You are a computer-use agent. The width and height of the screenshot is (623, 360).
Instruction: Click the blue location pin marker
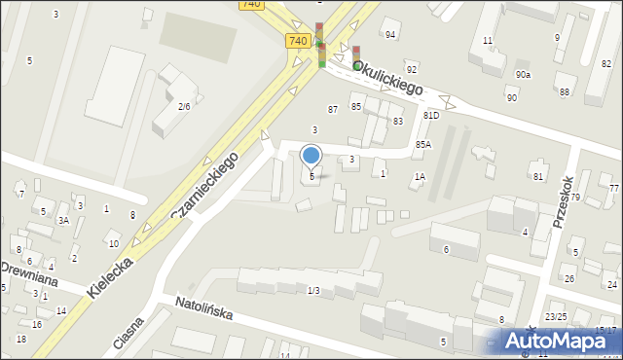click(311, 156)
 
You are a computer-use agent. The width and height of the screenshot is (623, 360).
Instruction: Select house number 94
click(390, 35)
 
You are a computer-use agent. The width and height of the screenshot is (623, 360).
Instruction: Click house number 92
click(412, 69)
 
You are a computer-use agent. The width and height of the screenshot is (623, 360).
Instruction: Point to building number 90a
click(524, 75)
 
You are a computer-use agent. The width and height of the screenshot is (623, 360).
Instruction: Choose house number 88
click(565, 92)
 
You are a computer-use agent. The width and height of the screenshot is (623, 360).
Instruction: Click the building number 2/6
click(183, 107)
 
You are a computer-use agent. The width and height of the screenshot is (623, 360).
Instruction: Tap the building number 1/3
click(313, 291)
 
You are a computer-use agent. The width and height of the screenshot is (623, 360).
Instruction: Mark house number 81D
click(430, 115)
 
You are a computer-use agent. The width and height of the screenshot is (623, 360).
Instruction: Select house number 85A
click(422, 144)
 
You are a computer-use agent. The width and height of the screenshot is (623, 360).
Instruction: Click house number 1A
click(420, 177)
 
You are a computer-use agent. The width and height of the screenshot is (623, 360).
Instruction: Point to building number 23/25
click(556, 317)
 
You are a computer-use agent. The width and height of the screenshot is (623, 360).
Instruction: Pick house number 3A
click(63, 220)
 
